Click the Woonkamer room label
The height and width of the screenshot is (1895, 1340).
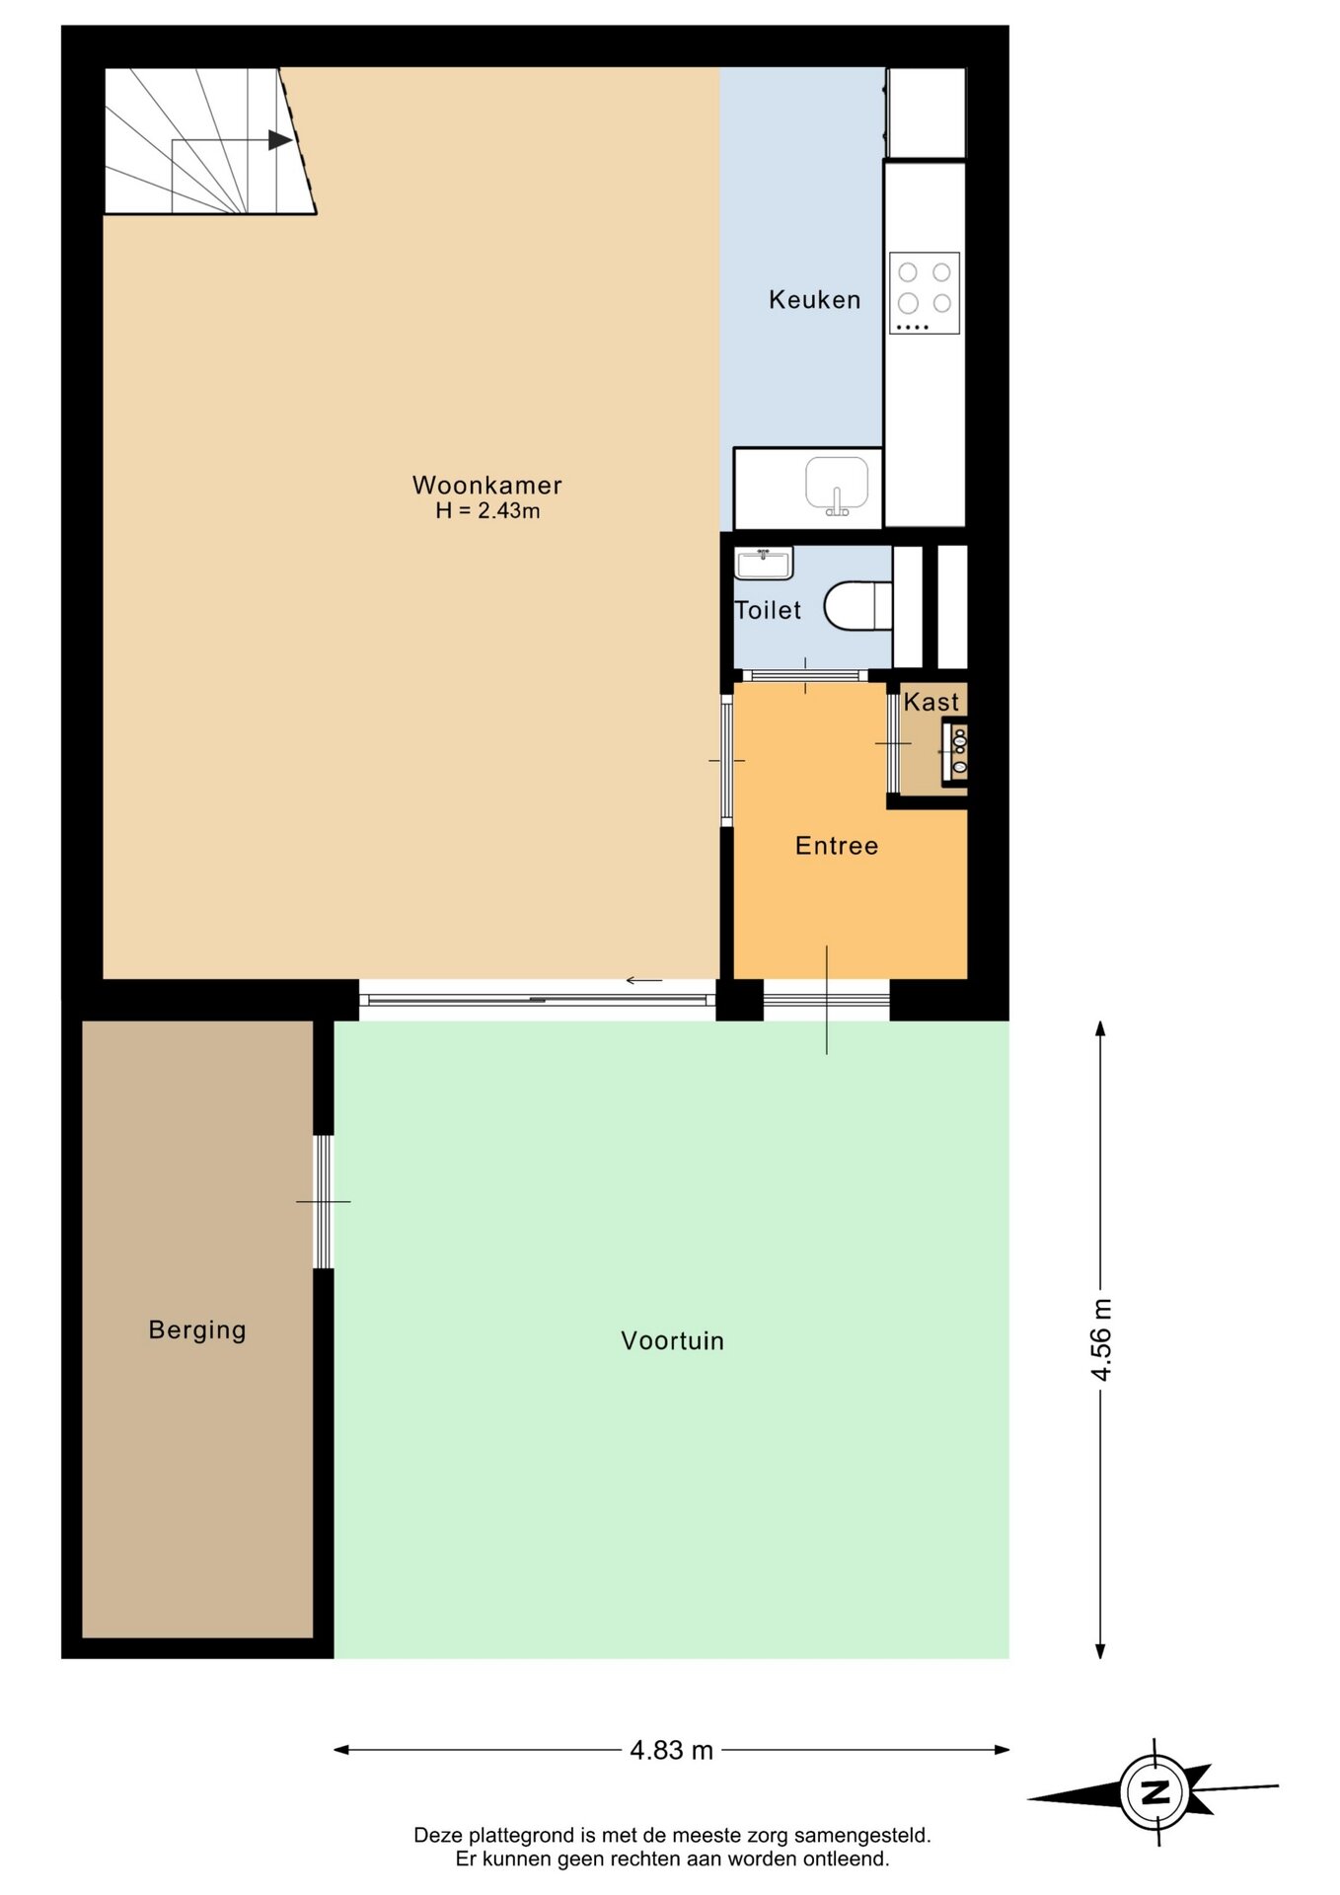(x=486, y=485)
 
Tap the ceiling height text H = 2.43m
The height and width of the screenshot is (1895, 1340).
(x=487, y=510)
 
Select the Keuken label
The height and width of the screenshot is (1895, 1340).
(x=814, y=299)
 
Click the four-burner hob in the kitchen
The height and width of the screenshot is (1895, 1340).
(x=925, y=293)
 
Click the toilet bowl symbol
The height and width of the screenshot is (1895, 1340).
(x=857, y=606)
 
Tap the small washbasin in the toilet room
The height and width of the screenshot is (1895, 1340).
(x=764, y=565)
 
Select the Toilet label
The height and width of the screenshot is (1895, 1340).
(x=768, y=610)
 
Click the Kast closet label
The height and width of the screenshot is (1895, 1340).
(x=931, y=702)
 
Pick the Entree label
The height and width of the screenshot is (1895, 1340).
(x=837, y=846)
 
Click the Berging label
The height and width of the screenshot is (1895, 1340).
(x=197, y=1330)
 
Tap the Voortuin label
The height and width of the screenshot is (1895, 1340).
(x=672, y=1340)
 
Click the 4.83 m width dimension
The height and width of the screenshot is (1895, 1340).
(x=671, y=1750)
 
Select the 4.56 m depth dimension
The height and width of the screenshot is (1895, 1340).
(x=1100, y=1339)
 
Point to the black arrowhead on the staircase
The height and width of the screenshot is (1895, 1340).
(x=280, y=140)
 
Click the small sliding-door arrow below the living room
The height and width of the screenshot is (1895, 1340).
(x=643, y=981)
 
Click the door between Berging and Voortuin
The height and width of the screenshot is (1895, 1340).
(x=324, y=1201)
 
